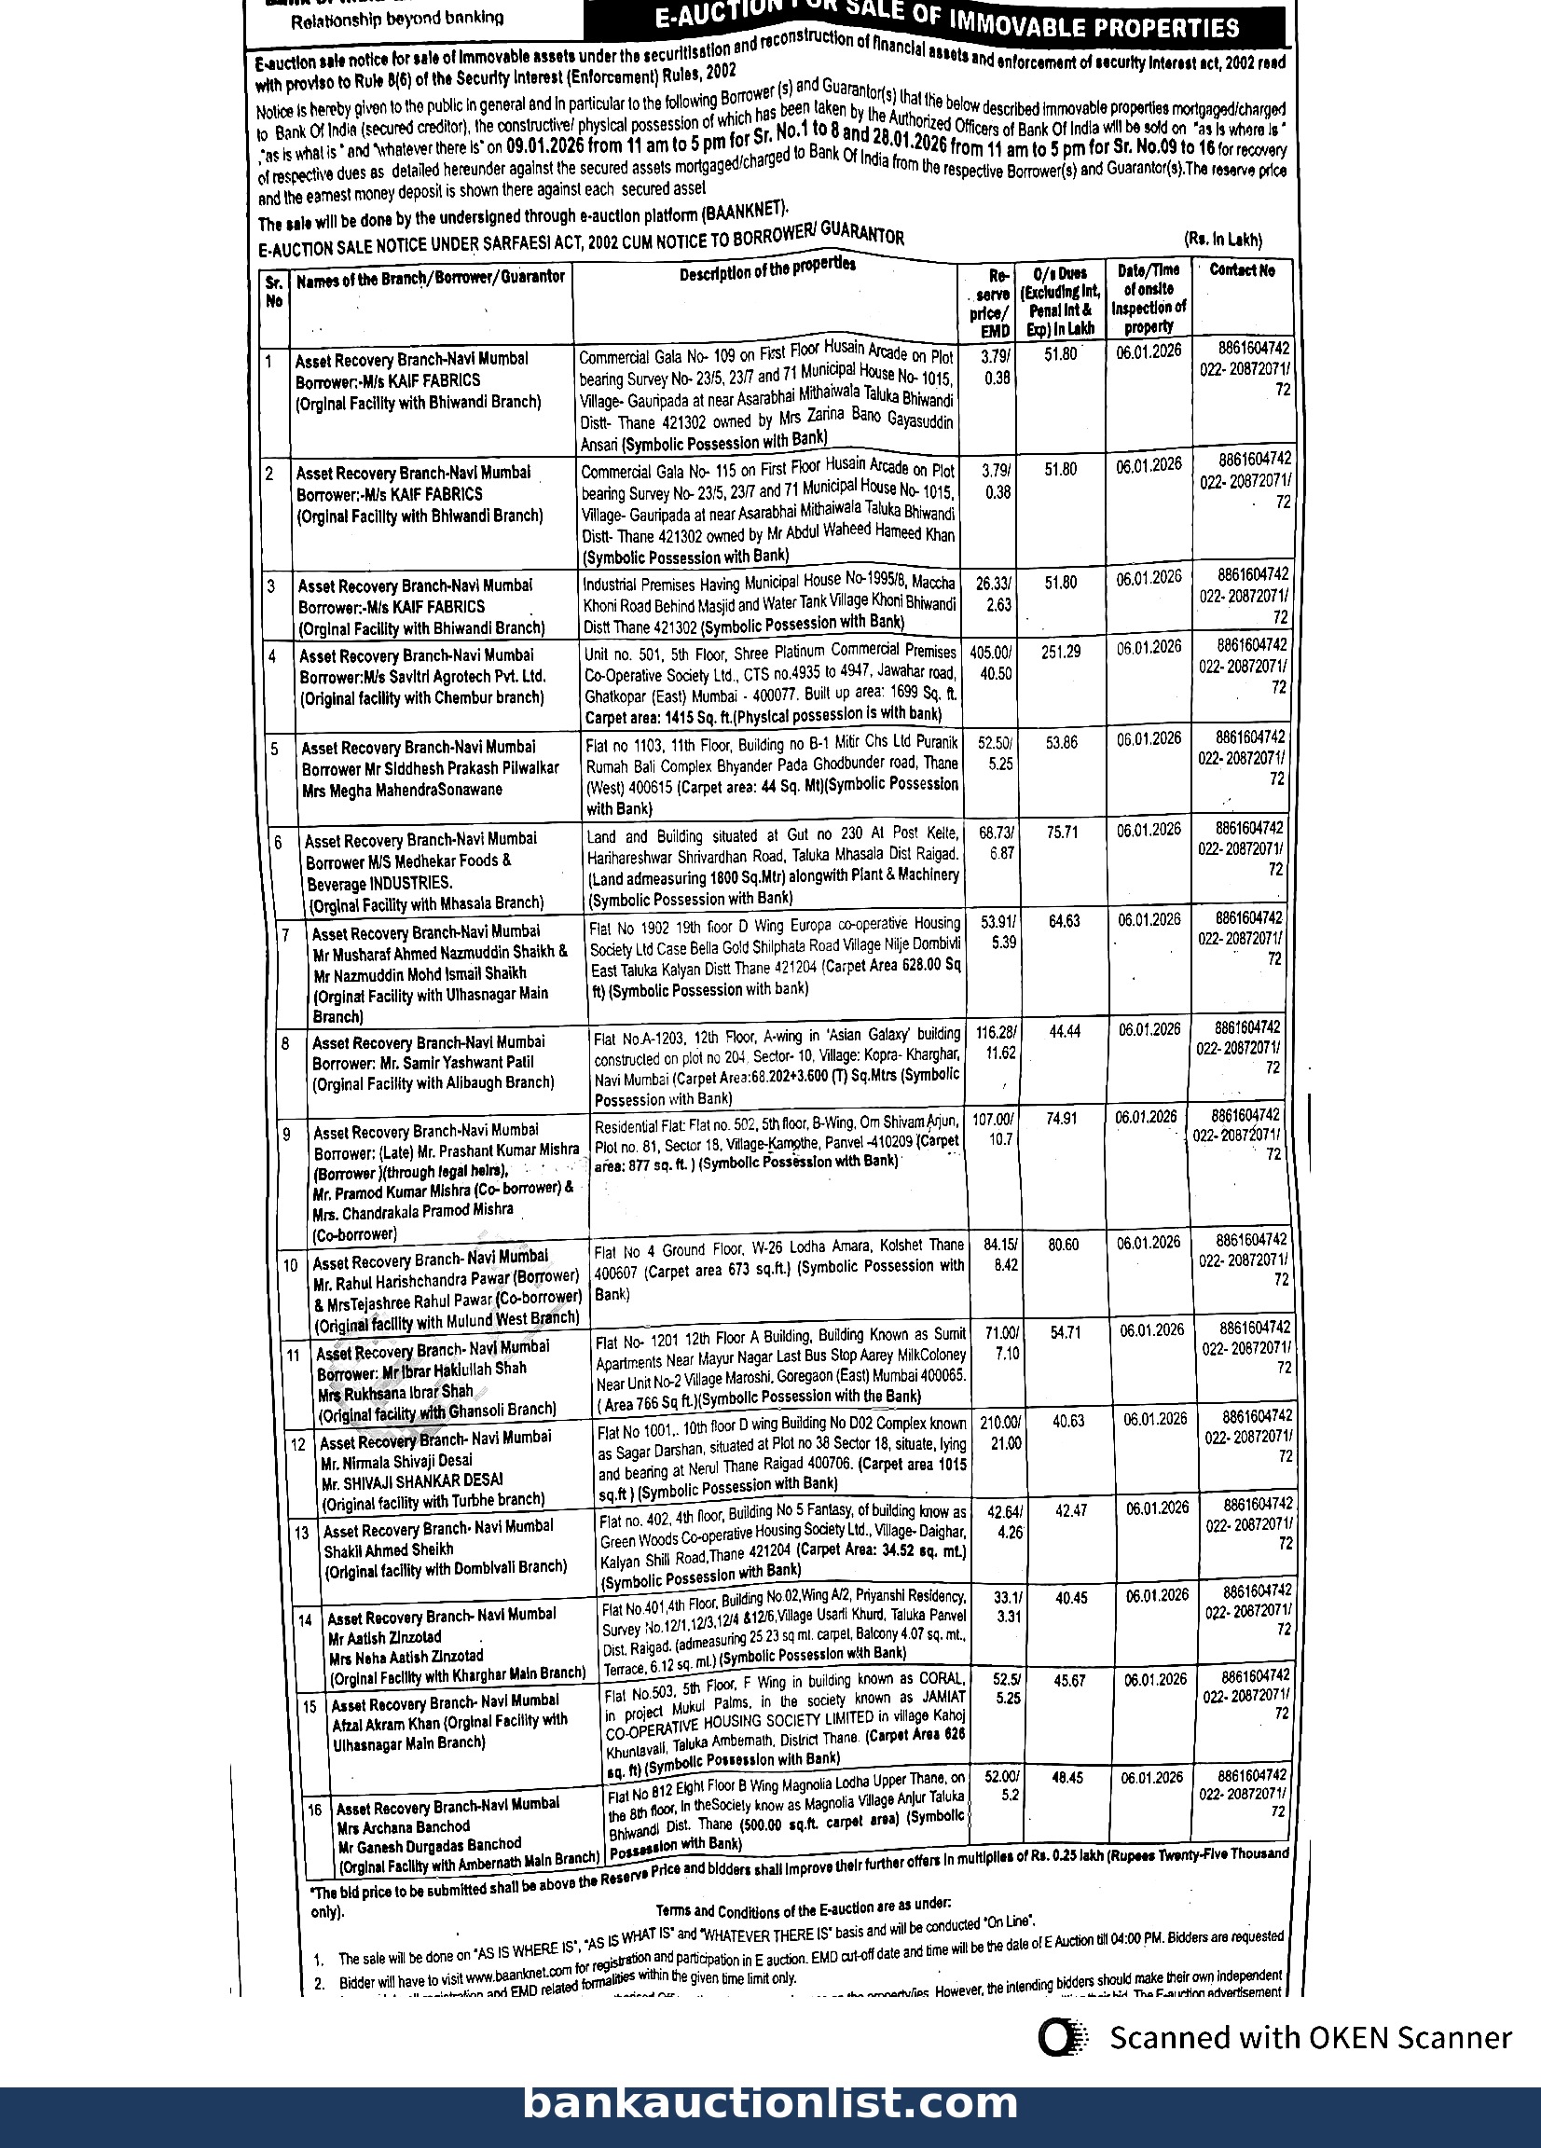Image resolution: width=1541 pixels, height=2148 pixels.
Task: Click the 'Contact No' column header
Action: coord(1242,270)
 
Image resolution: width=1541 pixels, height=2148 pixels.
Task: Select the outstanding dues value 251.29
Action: coord(1061,653)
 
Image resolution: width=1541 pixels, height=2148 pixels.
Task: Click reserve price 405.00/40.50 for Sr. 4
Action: coord(991,662)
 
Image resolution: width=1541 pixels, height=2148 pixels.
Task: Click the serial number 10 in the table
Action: coord(291,1265)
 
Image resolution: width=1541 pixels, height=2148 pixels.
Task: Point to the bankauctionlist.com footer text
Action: coord(770,2101)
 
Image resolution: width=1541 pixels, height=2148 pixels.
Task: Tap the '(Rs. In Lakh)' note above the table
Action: coord(1223,241)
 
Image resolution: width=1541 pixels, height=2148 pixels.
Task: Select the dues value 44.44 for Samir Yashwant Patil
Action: coord(1065,1031)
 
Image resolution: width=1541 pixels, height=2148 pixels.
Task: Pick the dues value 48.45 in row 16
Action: coord(1067,1778)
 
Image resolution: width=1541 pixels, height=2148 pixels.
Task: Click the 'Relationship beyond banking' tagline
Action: coord(397,18)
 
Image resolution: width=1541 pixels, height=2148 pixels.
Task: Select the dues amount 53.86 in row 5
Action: coord(1062,742)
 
